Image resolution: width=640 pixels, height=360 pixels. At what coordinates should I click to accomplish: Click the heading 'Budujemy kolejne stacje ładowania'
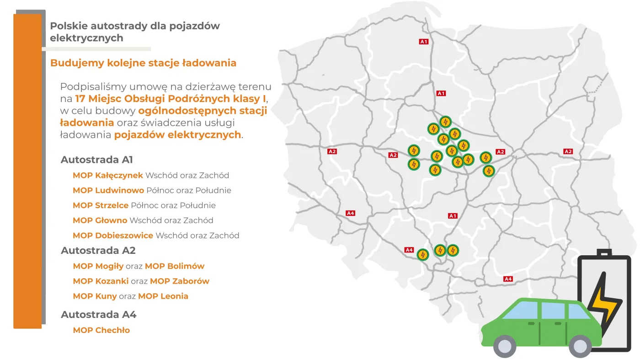point(143,63)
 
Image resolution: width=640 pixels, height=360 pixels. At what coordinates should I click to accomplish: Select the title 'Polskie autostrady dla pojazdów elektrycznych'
point(134,32)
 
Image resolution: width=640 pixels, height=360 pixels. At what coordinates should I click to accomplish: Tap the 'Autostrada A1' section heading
point(97,160)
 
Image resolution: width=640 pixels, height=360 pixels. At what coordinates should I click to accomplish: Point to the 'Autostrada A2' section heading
point(98,251)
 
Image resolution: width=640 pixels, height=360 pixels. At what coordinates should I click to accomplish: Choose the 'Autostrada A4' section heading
point(99,315)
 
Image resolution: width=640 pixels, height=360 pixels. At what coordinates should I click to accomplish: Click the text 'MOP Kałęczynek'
point(108,175)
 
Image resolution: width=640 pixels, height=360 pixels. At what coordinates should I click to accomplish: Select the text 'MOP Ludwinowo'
point(108,190)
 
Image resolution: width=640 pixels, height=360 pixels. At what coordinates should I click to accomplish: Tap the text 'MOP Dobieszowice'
point(113,236)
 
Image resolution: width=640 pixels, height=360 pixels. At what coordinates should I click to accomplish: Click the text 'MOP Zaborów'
point(180,281)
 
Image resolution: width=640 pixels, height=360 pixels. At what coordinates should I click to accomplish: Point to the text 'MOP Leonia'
point(163,296)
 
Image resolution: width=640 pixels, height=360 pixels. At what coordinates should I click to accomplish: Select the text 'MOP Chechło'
point(101,330)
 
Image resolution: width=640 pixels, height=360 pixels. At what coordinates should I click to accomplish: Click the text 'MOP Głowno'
point(100,220)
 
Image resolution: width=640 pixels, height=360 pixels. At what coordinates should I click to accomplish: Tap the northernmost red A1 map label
point(424,42)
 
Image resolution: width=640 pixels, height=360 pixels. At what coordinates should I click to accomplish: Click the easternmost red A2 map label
point(568,151)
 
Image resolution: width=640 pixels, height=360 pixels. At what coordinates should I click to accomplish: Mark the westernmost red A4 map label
point(350,213)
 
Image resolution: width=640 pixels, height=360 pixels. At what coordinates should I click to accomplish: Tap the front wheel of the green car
point(505,346)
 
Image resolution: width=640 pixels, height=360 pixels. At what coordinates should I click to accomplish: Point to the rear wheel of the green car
point(580,346)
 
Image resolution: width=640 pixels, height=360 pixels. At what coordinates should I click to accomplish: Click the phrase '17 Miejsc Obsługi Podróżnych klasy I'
point(171,98)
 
